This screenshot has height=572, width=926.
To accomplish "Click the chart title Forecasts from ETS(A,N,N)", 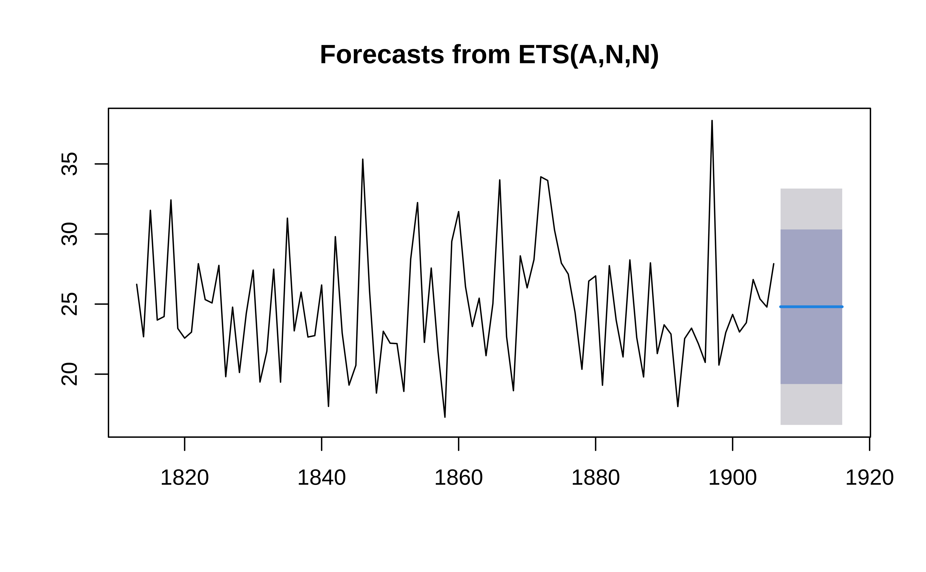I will (489, 55).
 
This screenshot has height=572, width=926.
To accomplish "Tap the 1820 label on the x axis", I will (185, 478).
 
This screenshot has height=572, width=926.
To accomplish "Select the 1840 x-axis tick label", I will (322, 478).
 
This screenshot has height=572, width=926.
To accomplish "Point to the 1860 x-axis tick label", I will (459, 478).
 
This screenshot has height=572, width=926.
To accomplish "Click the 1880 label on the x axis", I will (596, 478).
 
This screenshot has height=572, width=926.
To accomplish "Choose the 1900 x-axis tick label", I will (733, 478).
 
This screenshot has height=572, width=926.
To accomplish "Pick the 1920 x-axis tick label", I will (870, 478).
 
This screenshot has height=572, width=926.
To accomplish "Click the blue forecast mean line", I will (811, 307).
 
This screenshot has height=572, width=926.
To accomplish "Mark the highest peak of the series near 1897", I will (712, 121).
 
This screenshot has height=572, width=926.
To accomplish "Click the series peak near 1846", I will (362, 160).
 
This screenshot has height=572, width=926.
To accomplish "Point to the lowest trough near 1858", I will (445, 417).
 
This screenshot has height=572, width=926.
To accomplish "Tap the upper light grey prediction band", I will (811, 209).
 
